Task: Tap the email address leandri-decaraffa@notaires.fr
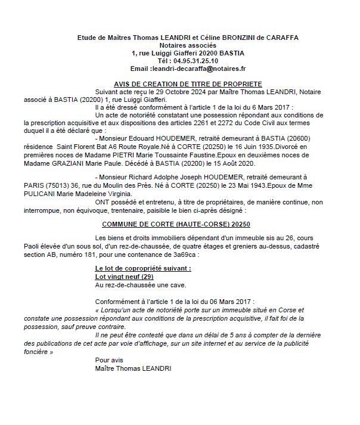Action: pos(196,69)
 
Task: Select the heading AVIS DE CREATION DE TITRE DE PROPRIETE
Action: pos(188,84)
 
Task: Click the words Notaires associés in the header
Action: pos(188,45)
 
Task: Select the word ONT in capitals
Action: pos(103,201)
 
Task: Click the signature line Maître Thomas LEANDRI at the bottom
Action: pos(132,368)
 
